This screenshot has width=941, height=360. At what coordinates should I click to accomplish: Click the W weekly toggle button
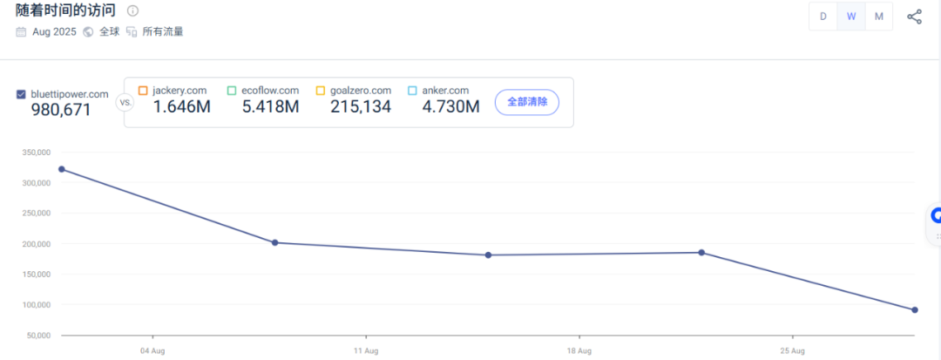[851, 17]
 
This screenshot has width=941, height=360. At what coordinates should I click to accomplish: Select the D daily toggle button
[823, 17]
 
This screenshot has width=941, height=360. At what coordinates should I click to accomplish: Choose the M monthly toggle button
[879, 17]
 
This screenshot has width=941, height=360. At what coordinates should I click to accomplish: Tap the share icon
[914, 17]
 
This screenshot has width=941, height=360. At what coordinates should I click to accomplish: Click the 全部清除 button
[527, 102]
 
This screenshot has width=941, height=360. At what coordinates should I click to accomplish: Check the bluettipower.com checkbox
[21, 94]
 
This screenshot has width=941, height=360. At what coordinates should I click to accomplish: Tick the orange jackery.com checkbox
[143, 91]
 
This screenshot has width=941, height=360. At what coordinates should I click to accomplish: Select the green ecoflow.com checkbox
[232, 91]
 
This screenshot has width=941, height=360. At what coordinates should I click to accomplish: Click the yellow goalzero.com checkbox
[321, 91]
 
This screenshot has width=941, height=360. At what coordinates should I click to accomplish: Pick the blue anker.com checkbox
[412, 91]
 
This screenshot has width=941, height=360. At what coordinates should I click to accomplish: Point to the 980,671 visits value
[61, 110]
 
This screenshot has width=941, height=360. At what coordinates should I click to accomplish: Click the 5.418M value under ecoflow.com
[270, 107]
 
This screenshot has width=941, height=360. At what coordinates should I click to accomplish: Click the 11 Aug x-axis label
[366, 351]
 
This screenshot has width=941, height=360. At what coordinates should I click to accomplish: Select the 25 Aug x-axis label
[792, 351]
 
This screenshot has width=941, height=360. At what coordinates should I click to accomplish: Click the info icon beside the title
[132, 11]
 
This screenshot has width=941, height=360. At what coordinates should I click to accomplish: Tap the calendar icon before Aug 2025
[21, 31]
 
